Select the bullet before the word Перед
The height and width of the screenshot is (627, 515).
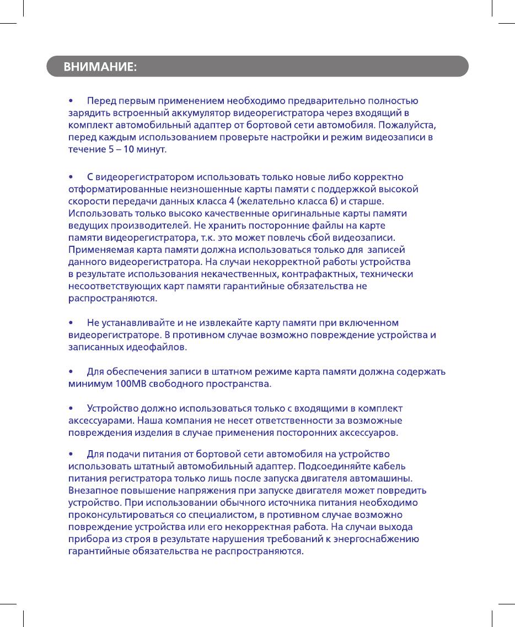(71, 101)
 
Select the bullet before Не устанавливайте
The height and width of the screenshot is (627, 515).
(71, 322)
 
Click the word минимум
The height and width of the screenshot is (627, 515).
(89, 383)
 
